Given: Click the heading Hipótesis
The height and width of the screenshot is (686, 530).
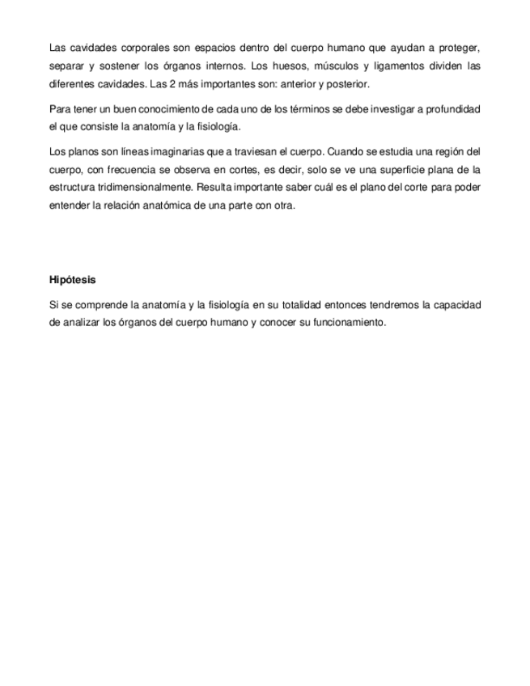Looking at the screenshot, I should (72, 280).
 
